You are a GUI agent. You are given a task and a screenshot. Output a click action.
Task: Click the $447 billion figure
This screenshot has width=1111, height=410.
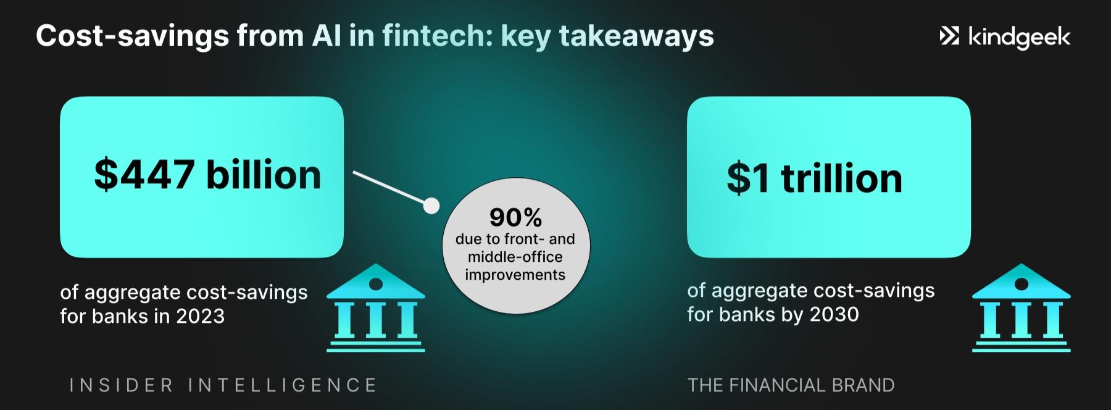[x=207, y=175]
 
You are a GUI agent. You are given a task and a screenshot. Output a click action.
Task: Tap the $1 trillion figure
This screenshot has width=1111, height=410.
[x=814, y=178]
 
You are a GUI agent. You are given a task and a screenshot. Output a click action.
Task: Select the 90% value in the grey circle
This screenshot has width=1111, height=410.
[x=515, y=217]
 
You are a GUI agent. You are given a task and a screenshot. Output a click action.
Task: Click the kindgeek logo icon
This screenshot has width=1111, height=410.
[x=949, y=36]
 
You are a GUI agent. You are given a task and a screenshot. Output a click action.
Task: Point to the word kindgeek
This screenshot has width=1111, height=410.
[x=1019, y=38]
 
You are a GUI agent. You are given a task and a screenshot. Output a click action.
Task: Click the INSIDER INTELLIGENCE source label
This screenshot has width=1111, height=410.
[x=223, y=385]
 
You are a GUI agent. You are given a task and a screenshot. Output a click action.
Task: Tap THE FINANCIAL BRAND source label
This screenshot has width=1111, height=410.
[x=791, y=385]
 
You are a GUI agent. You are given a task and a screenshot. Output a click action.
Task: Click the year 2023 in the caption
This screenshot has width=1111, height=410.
[x=200, y=316]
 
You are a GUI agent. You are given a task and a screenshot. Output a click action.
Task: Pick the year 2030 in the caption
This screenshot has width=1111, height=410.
[x=834, y=314]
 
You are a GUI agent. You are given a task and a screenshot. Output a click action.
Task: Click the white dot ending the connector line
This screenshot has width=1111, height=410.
[x=431, y=205]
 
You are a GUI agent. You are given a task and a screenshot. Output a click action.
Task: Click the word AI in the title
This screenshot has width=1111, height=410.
[x=325, y=36]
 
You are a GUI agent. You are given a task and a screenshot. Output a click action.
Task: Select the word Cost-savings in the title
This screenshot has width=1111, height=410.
[x=132, y=36]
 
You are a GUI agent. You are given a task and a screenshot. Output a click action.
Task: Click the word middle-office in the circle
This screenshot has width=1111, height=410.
[x=515, y=257]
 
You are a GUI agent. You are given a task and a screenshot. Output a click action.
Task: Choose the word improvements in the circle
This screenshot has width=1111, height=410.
[x=515, y=275]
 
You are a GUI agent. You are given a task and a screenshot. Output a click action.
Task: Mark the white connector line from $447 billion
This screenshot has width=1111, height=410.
[x=389, y=187]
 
